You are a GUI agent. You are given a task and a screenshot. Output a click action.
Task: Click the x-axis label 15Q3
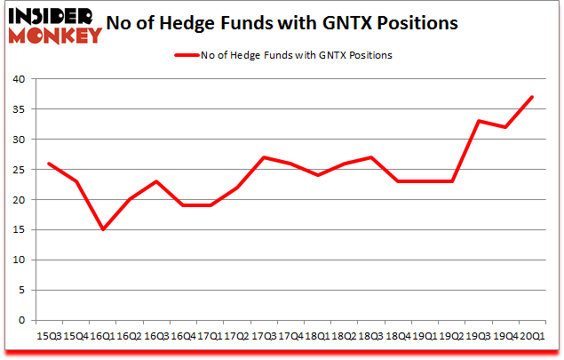pos(49,335)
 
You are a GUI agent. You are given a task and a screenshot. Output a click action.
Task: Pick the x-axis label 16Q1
pos(100,335)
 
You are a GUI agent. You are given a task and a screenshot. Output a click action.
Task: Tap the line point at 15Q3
pos(50,163)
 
